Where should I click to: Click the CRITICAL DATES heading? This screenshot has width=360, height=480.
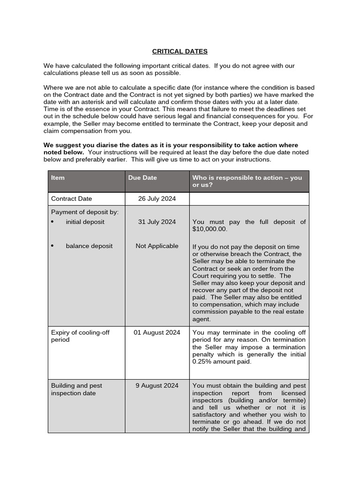[x=180, y=51]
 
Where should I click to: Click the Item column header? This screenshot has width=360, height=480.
[x=58, y=178]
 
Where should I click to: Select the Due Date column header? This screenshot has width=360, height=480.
[x=142, y=178]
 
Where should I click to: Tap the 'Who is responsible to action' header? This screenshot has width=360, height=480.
[x=247, y=181]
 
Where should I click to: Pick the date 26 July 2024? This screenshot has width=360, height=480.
[x=157, y=199]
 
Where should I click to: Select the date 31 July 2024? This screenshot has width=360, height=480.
[x=157, y=222]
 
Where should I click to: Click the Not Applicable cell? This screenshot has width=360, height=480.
[x=157, y=246]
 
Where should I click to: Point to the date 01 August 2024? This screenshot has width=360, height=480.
[x=157, y=332]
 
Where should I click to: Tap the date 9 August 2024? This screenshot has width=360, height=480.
[x=157, y=385]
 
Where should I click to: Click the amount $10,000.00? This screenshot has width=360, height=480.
[x=210, y=229]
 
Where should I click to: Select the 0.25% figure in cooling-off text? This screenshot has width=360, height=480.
[x=202, y=361]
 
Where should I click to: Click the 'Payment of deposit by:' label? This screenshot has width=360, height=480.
[x=85, y=212]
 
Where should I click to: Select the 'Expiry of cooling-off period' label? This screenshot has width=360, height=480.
[x=80, y=336]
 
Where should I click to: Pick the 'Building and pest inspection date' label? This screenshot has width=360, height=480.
[x=76, y=389]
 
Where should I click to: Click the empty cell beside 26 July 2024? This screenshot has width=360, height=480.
[x=249, y=199]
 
